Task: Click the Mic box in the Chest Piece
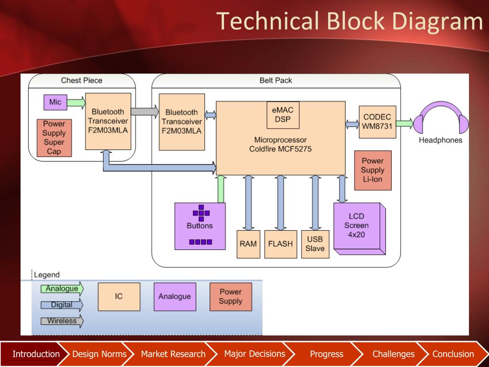tap(55, 102)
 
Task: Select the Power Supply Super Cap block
tap(54, 138)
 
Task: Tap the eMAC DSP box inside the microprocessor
tap(283, 115)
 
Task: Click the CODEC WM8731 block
tap(377, 122)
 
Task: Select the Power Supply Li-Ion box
tap(372, 171)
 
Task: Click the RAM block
tap(248, 244)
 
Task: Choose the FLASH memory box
tap(280, 244)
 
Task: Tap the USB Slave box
tap(315, 244)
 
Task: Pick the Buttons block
tap(200, 226)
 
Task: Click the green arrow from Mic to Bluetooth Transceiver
tap(76, 103)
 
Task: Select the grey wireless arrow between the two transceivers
tap(145, 111)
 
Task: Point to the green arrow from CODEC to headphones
tap(405, 123)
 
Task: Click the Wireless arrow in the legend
tap(62, 321)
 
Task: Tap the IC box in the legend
tap(119, 296)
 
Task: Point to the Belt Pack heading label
tap(276, 80)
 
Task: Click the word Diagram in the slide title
tap(437, 22)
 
